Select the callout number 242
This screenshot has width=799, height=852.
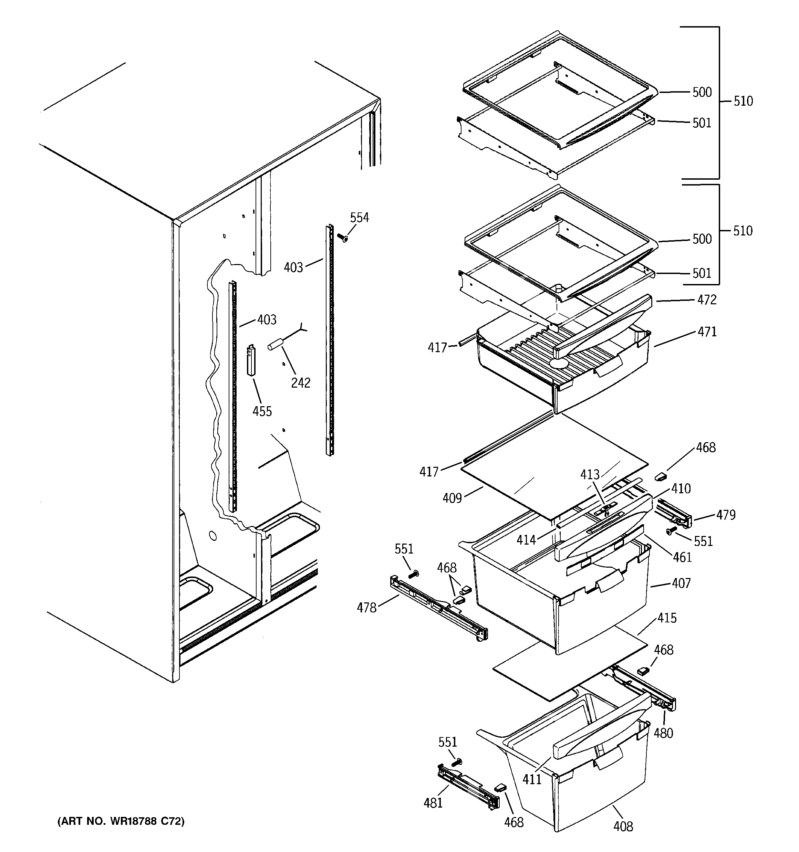click(300, 383)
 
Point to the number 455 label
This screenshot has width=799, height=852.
click(262, 411)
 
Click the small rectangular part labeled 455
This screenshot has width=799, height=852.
click(251, 360)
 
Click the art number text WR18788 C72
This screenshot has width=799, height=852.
click(121, 821)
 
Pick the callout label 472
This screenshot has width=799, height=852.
click(707, 300)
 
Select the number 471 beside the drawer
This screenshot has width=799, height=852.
click(707, 332)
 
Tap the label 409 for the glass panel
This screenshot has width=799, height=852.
click(452, 498)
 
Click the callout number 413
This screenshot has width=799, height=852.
click(590, 475)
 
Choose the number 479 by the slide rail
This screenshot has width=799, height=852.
click(726, 515)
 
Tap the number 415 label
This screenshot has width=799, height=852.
click(667, 618)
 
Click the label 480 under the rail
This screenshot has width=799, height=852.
click(663, 733)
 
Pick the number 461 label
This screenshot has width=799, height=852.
click(682, 557)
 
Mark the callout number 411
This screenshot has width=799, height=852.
click(532, 779)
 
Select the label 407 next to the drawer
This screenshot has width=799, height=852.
click(681, 583)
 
